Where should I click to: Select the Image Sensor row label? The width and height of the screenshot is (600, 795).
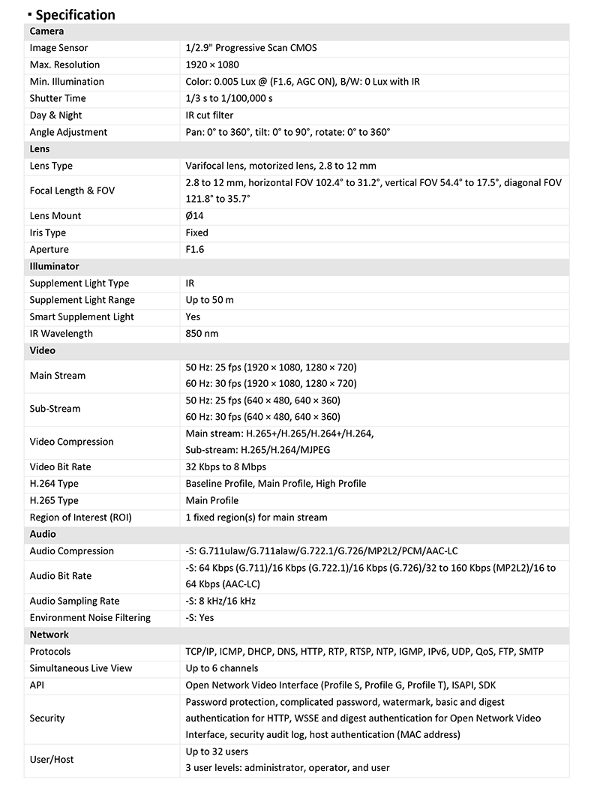(58, 48)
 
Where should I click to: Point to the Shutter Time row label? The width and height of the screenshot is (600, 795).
(58, 98)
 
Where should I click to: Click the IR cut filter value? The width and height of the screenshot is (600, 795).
(209, 115)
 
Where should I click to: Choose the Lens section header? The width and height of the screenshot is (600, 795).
(40, 149)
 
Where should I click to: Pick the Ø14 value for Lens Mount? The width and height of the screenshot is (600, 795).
(194, 216)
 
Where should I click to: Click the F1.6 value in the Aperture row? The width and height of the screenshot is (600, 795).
(194, 250)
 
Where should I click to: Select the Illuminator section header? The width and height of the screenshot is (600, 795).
(54, 266)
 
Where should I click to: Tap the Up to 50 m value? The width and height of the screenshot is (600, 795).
(209, 300)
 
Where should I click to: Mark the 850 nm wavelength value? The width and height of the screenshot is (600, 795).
(202, 334)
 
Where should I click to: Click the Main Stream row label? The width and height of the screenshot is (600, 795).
(58, 376)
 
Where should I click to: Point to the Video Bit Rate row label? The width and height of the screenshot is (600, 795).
(61, 467)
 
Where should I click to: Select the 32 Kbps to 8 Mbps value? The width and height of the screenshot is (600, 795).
(226, 467)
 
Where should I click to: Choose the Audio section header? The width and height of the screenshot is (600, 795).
(43, 534)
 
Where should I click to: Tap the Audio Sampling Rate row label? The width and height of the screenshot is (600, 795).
(74, 601)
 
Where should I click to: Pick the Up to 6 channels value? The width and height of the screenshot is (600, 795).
(221, 668)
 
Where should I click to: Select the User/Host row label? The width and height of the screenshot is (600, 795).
(52, 760)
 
